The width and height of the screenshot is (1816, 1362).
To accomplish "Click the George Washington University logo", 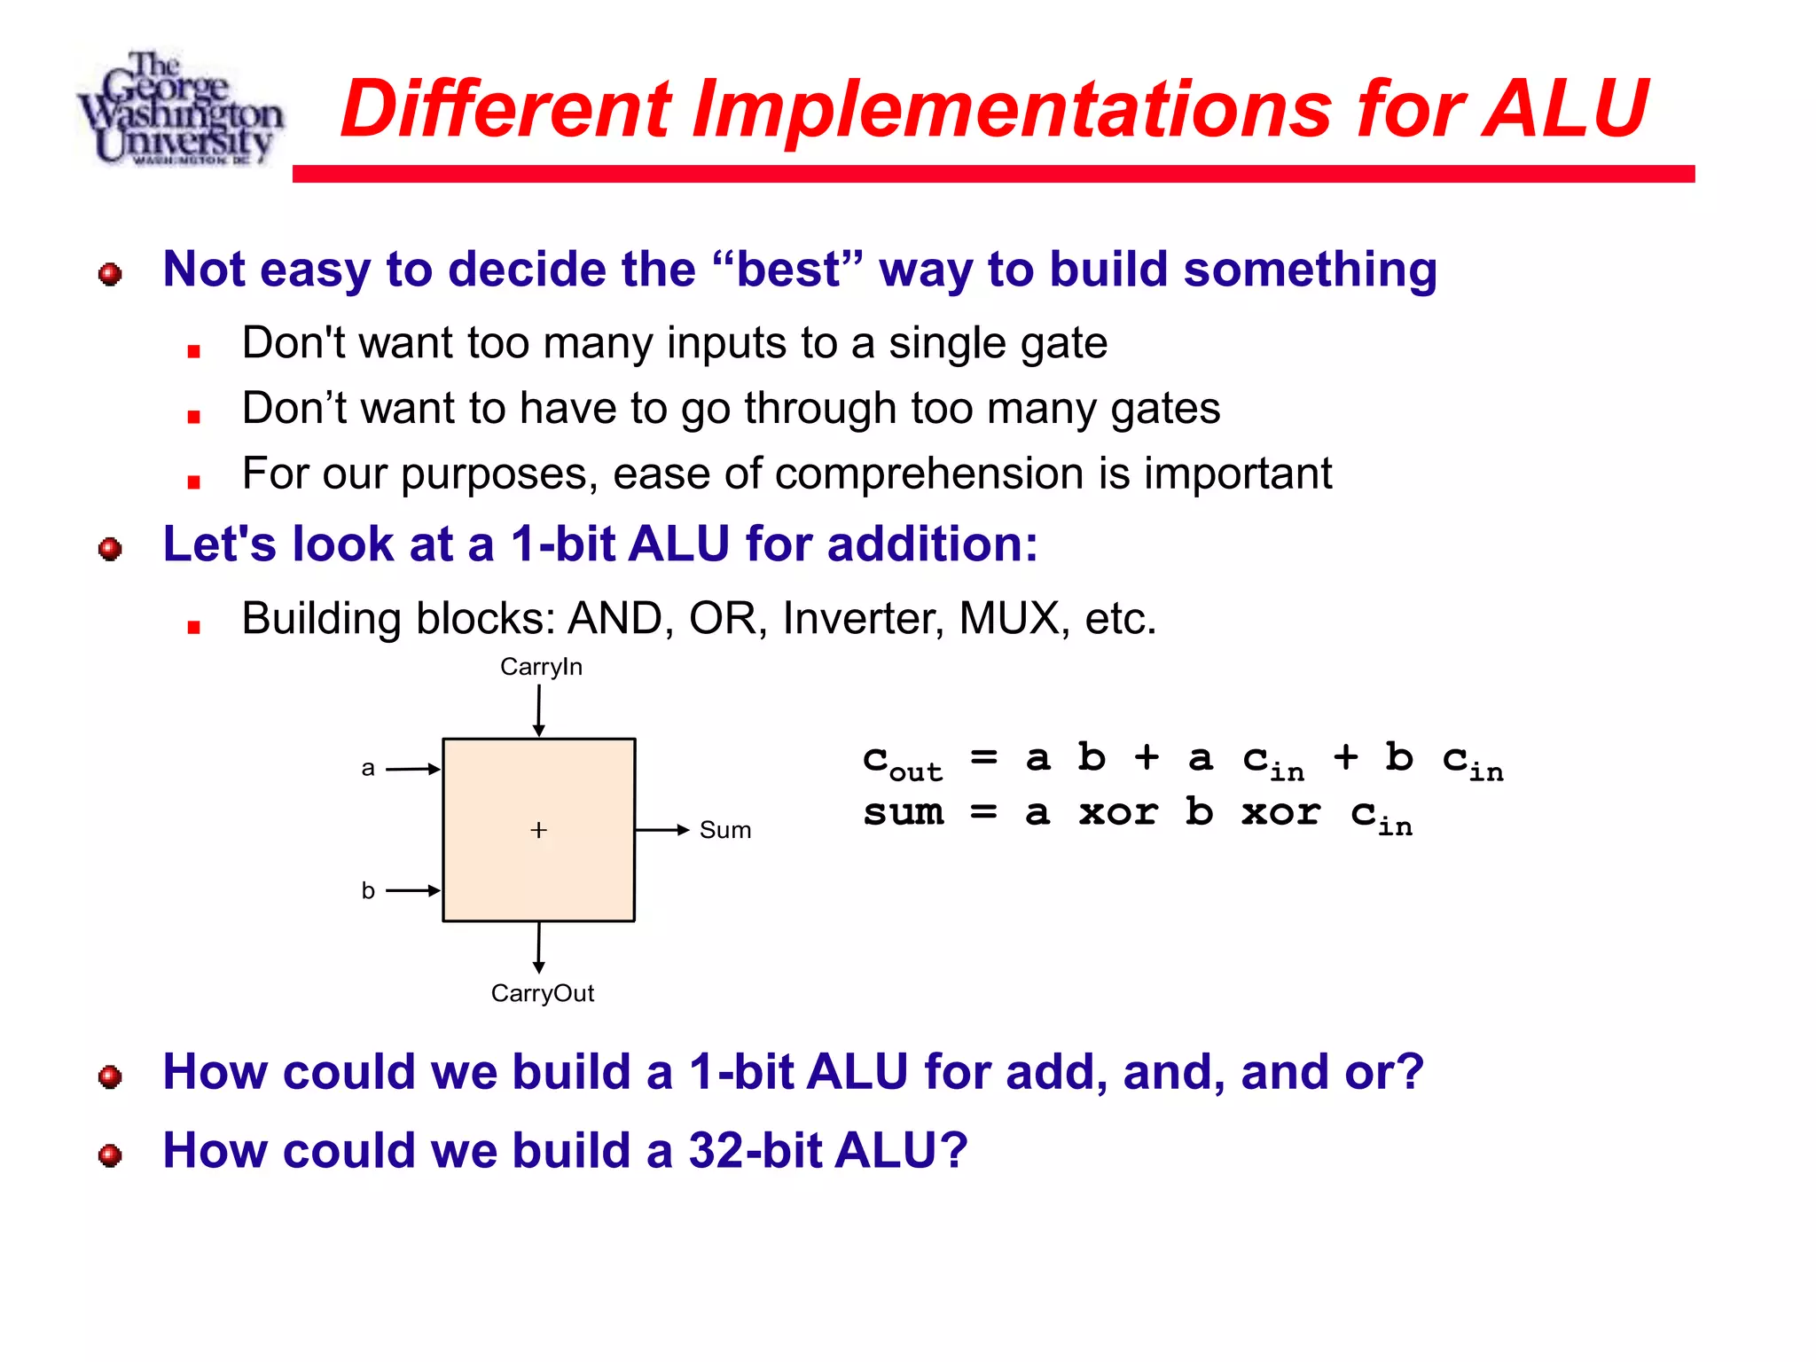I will pos(181,108).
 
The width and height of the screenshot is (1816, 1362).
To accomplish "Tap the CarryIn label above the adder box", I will pos(541,667).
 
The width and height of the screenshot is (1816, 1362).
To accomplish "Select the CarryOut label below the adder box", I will pos(543,993).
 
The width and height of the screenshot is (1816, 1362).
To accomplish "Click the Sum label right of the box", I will pos(724,831).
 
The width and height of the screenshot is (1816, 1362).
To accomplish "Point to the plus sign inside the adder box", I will pos(538,830).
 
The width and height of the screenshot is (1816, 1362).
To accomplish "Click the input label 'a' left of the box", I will pos(368,769).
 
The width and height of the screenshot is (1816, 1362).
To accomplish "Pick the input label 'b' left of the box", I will pos(368,890).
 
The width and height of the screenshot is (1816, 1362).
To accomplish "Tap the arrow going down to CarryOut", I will pos(538,948).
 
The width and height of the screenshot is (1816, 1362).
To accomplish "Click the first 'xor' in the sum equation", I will pos(1118,813).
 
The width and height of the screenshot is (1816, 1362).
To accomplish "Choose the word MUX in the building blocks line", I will pos(1009,618).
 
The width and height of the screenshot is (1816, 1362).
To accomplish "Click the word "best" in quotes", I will pos(787,270).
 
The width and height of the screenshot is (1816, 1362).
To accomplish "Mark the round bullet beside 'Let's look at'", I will pos(110,549).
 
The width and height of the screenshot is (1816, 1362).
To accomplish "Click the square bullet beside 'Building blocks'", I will pos(194,627).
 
